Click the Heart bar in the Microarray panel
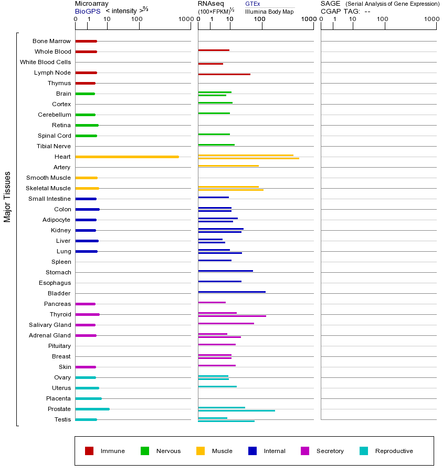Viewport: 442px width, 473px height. [x=127, y=157]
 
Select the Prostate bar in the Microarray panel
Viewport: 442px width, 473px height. [x=92, y=409]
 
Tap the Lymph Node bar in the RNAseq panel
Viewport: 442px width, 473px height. [x=224, y=74]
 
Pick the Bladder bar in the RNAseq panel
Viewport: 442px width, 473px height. [x=231, y=292]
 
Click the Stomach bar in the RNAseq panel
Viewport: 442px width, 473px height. [x=225, y=271]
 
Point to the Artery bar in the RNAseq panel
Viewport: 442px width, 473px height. [x=228, y=166]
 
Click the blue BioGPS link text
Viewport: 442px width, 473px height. [x=88, y=12]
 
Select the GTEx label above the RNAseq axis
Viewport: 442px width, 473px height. [x=252, y=4]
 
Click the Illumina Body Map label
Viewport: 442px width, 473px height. [x=269, y=12]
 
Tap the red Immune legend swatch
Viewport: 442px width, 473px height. [x=89, y=451]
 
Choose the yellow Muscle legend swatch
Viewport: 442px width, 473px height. [x=201, y=451]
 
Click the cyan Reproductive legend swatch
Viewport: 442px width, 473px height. [x=364, y=451]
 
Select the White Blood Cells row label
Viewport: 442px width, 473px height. [x=45, y=62]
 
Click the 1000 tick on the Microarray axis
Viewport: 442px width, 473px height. [x=185, y=19]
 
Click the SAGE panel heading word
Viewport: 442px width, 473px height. [x=330, y=4]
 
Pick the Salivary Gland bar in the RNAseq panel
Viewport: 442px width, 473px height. [x=226, y=323]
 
